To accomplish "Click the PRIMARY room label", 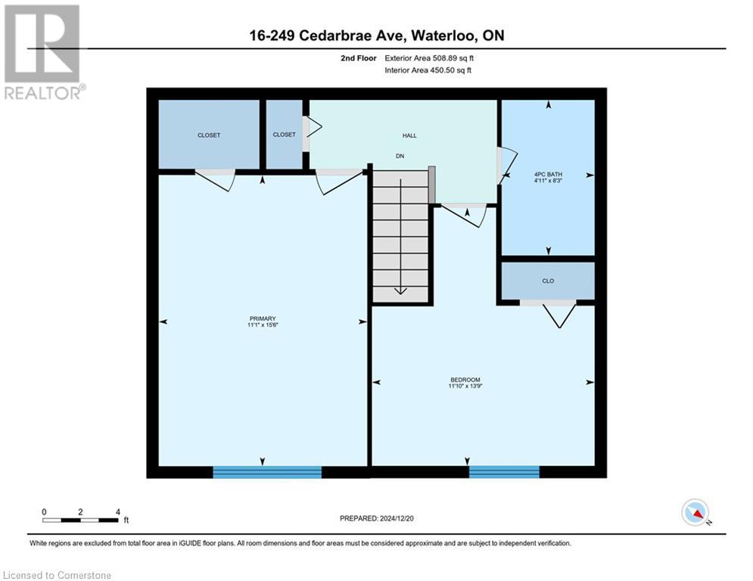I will coord(263,318).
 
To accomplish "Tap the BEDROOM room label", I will coord(464,380).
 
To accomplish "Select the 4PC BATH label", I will coord(548,174).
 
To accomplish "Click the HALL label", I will coord(409,135).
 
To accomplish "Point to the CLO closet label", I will coord(548,281).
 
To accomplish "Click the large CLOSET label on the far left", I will coord(209,135).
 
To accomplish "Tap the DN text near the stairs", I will coord(401,156).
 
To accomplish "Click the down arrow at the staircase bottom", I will coord(400,288).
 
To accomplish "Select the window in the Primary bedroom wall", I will coord(267,472).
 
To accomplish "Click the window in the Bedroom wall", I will coord(504,472).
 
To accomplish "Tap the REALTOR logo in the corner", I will coord(43,51).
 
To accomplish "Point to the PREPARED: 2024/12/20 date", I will coord(376,518).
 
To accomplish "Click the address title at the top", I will coord(376,36).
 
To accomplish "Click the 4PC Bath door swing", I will coord(506,165).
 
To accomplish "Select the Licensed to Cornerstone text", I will coord(58,576).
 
